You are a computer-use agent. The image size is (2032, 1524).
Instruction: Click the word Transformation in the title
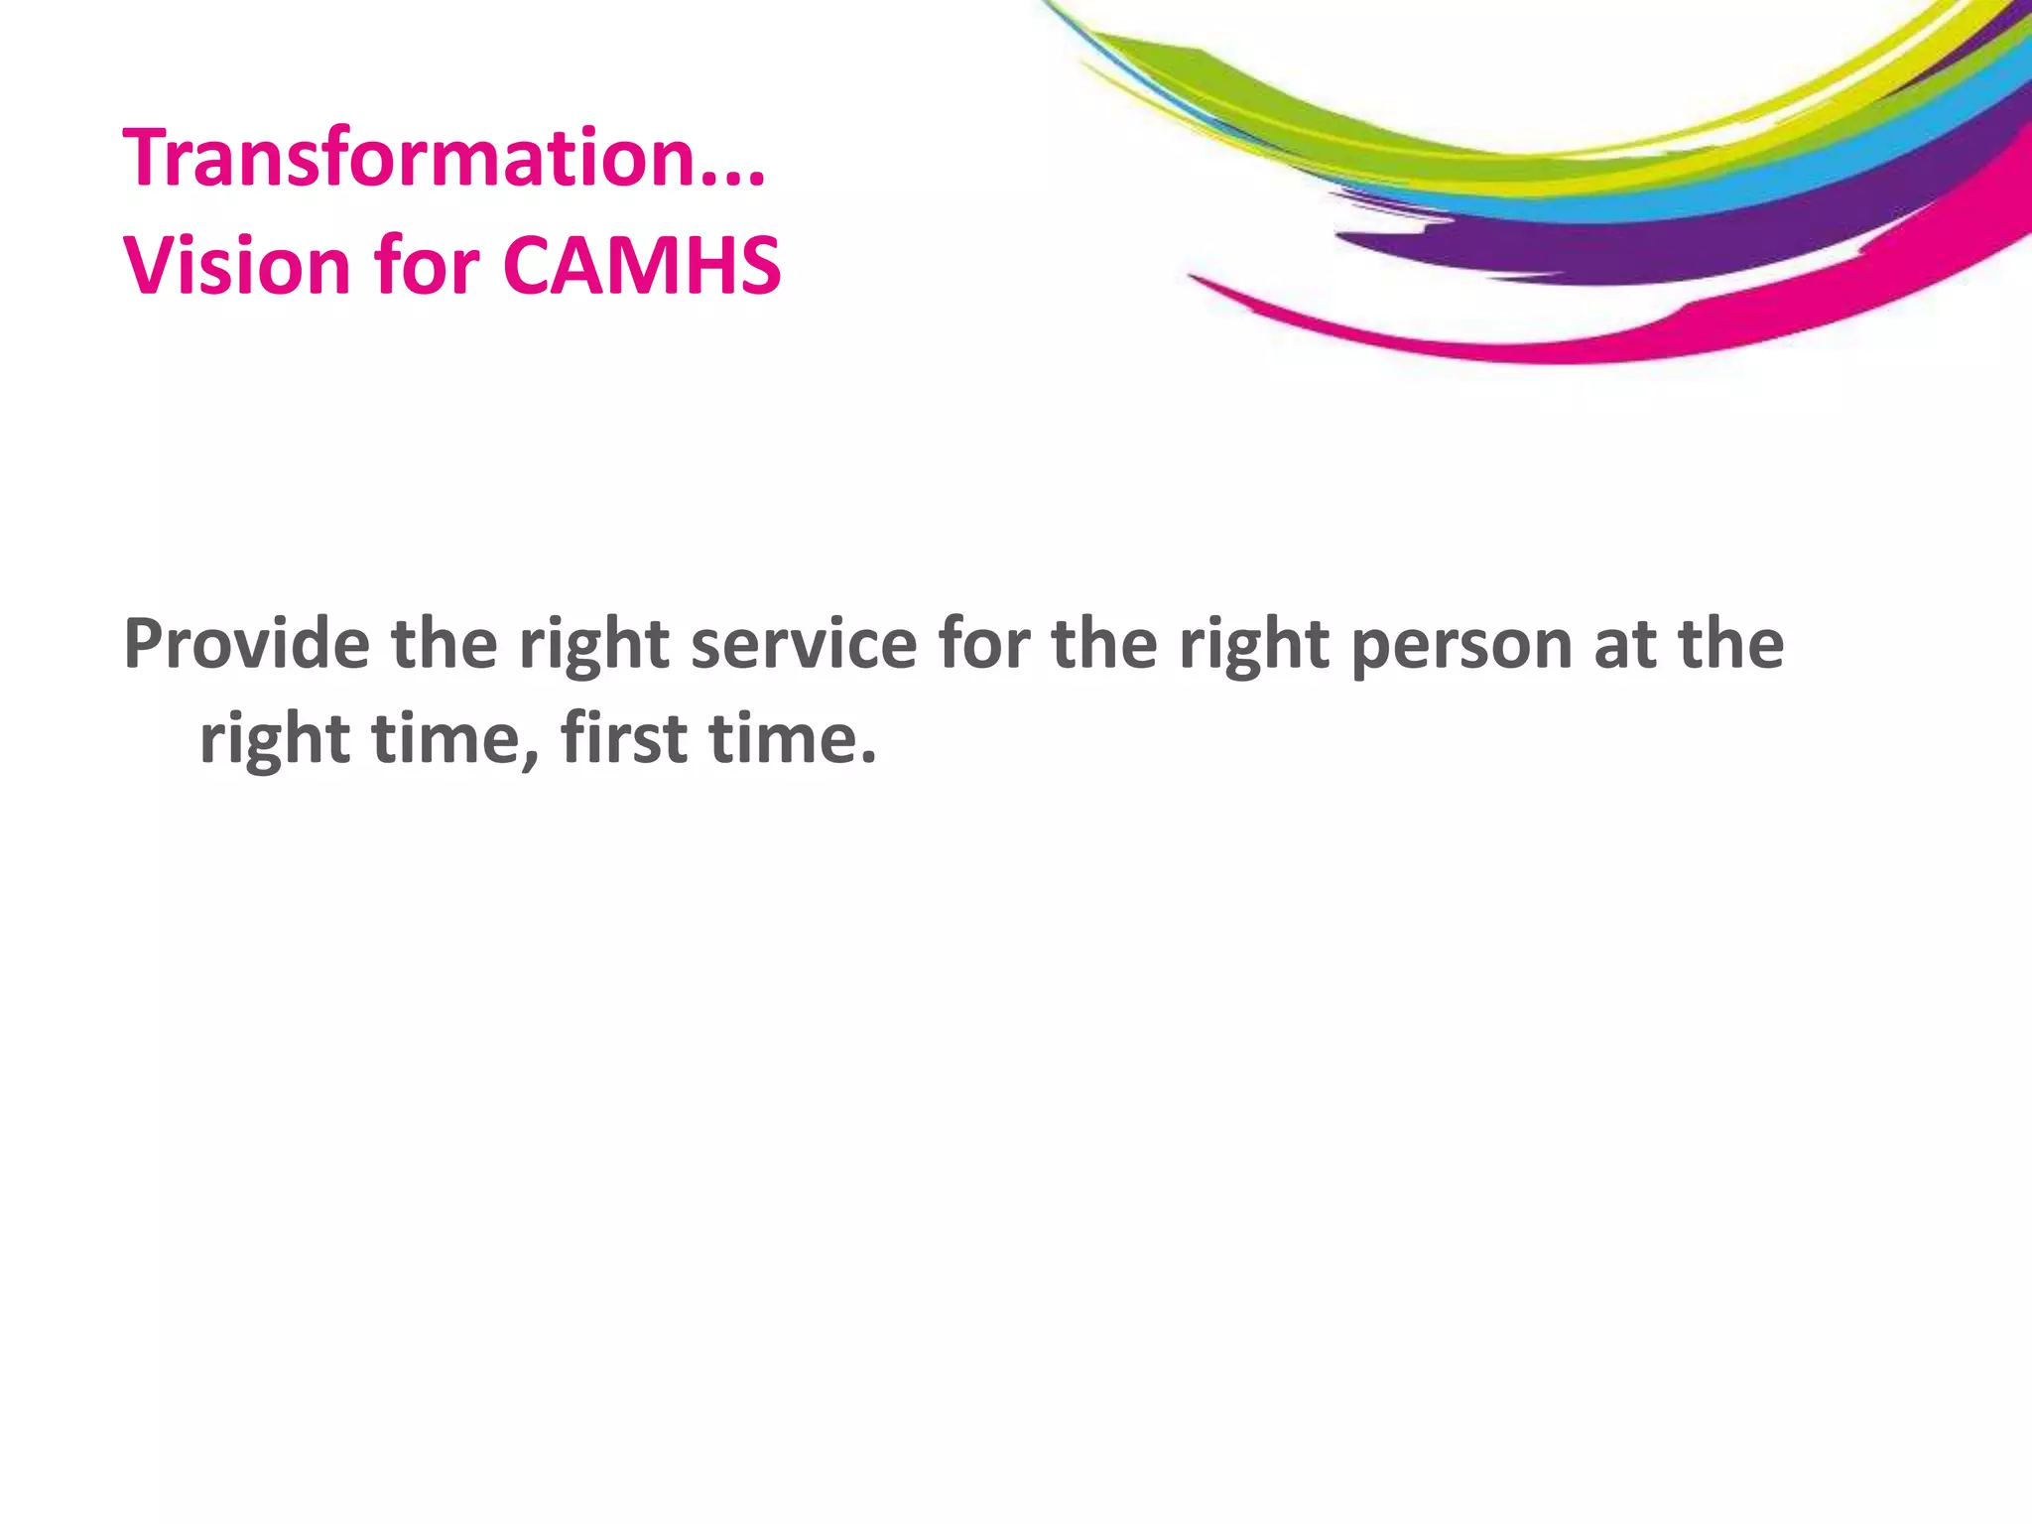click(x=407, y=159)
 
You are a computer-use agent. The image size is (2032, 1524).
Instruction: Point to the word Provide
click(x=246, y=645)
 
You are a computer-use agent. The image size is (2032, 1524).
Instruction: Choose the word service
click(x=804, y=645)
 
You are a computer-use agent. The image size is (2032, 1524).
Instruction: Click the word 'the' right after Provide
click(x=444, y=645)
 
